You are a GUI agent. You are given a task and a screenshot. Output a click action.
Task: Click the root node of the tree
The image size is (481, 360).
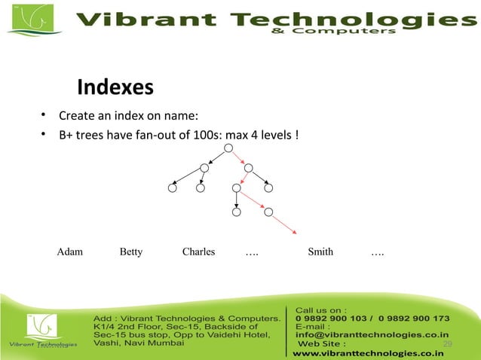coord(228,148)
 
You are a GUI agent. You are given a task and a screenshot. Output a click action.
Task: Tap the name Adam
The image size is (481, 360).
coord(70,252)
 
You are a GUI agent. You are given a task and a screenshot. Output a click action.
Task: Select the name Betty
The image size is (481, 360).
coord(131,252)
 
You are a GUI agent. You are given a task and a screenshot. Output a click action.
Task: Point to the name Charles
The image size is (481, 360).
coord(198,252)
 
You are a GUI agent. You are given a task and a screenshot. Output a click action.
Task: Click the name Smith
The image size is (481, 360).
coord(320,252)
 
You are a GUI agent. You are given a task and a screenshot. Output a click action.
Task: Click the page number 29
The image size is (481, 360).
coord(447,344)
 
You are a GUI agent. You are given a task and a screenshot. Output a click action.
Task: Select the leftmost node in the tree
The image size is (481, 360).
coord(173,188)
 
